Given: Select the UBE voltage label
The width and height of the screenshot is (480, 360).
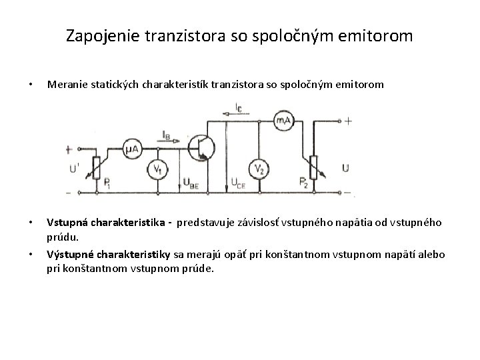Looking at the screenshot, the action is coord(191,186).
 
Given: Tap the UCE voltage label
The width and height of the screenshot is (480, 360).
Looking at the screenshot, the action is coord(238,185).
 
